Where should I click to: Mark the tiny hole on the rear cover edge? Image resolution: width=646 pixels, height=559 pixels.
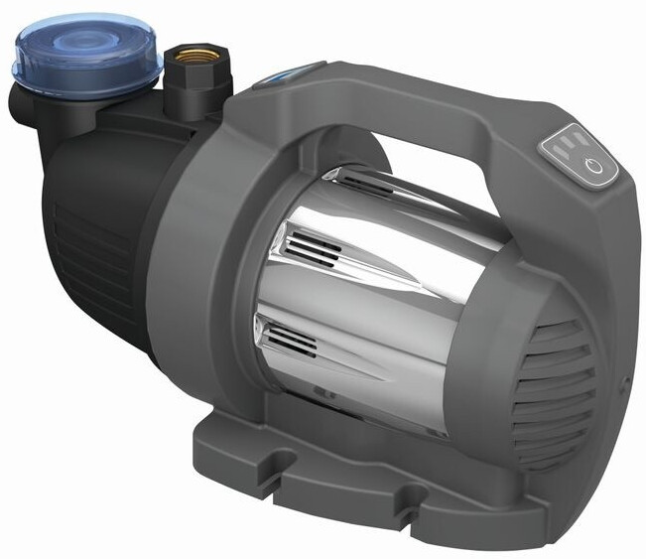point(624,378)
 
